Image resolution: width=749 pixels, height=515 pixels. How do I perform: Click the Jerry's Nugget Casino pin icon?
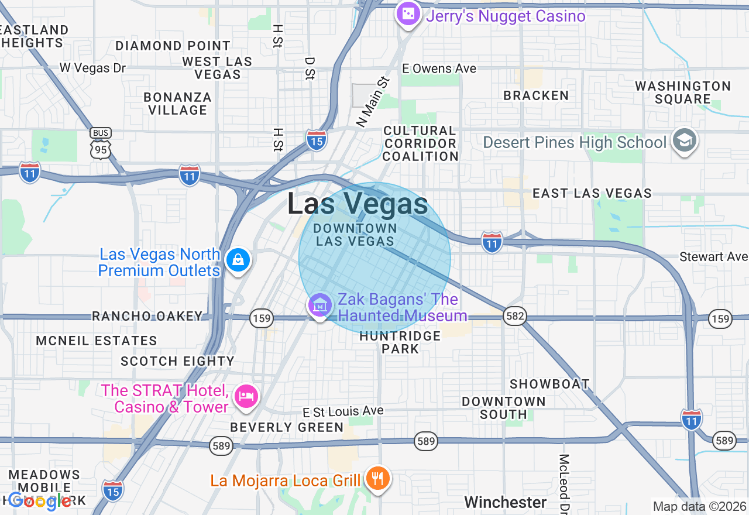coord(408,13)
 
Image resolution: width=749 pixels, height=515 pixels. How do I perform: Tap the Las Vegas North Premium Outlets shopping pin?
coord(238,259)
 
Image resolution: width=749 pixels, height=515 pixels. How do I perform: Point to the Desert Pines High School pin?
coord(683,141)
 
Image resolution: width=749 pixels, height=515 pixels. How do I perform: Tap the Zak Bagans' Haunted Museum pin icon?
coord(320,305)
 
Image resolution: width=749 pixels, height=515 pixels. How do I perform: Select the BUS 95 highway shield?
coord(101,144)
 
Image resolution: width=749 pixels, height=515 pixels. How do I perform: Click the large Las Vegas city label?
coord(358,204)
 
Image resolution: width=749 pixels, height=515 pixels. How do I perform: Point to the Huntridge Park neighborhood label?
coord(400,342)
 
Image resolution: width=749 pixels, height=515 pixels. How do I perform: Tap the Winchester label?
coord(506,502)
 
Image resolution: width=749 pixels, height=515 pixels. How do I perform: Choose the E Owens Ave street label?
coord(439,68)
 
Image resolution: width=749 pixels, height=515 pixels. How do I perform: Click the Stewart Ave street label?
coord(713,257)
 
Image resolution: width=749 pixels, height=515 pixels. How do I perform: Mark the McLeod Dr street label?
coord(564,483)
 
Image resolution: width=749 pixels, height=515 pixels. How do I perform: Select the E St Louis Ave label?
coord(343,411)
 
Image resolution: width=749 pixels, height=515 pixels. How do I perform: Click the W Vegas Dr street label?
coord(92,68)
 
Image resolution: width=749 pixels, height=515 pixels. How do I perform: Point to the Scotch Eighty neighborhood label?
coord(177,361)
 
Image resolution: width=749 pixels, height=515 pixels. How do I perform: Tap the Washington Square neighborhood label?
coord(683,92)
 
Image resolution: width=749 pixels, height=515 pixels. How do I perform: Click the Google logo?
coord(40,500)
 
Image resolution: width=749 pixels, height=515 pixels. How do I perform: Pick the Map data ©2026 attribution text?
coord(699,506)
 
